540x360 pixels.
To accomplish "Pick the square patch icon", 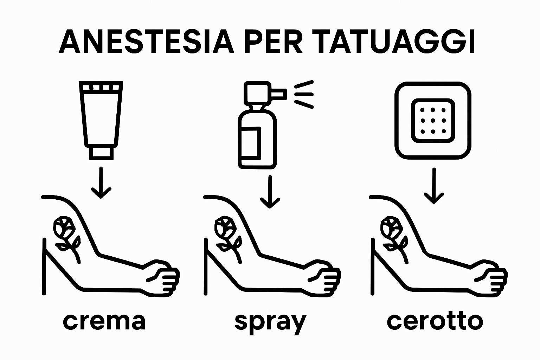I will point(433,121).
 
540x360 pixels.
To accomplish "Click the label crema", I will point(104,321).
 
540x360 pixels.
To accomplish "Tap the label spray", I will point(270,322).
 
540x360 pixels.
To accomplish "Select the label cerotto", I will point(435,321).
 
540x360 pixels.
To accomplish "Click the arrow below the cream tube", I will point(101,183).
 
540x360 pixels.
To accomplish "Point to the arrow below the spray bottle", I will point(270,192).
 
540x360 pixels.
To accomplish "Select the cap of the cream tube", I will point(101,153).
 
